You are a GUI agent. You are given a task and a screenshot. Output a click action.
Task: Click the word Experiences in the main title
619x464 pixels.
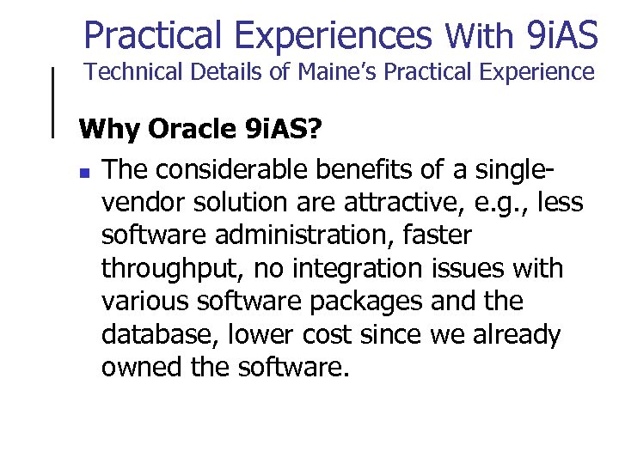[x=333, y=35]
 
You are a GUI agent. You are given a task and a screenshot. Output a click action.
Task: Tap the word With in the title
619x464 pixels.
[x=480, y=36]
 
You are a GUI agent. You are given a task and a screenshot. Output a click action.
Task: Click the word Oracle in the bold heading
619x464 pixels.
[x=194, y=130]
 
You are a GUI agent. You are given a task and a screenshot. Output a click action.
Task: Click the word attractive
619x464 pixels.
[x=396, y=204]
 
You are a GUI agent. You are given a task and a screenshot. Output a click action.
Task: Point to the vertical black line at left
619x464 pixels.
[x=55, y=101]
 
